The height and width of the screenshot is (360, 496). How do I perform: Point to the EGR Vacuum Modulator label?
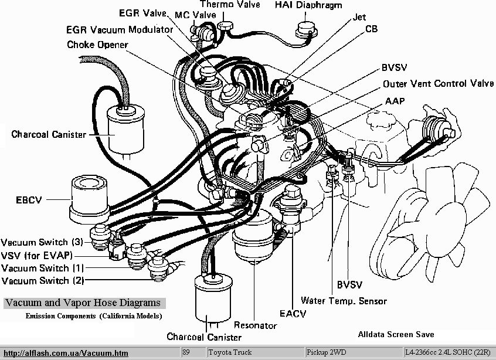point(120,29)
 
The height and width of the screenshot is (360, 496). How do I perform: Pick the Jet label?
point(359,18)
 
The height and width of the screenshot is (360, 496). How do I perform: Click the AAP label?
point(395,100)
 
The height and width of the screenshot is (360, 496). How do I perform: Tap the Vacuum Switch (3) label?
point(42,242)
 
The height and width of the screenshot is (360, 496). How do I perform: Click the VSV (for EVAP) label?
point(37,255)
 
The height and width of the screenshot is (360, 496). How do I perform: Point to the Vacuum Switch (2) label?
point(42,281)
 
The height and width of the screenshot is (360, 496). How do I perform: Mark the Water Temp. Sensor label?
point(344,301)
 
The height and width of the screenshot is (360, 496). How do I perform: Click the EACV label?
point(293,314)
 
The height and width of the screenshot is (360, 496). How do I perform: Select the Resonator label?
point(255,325)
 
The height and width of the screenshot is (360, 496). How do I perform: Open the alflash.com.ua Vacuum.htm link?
point(65,353)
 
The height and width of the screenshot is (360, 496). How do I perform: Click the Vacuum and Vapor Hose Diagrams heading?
point(82,303)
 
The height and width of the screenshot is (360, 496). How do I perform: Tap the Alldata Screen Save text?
point(396,334)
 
